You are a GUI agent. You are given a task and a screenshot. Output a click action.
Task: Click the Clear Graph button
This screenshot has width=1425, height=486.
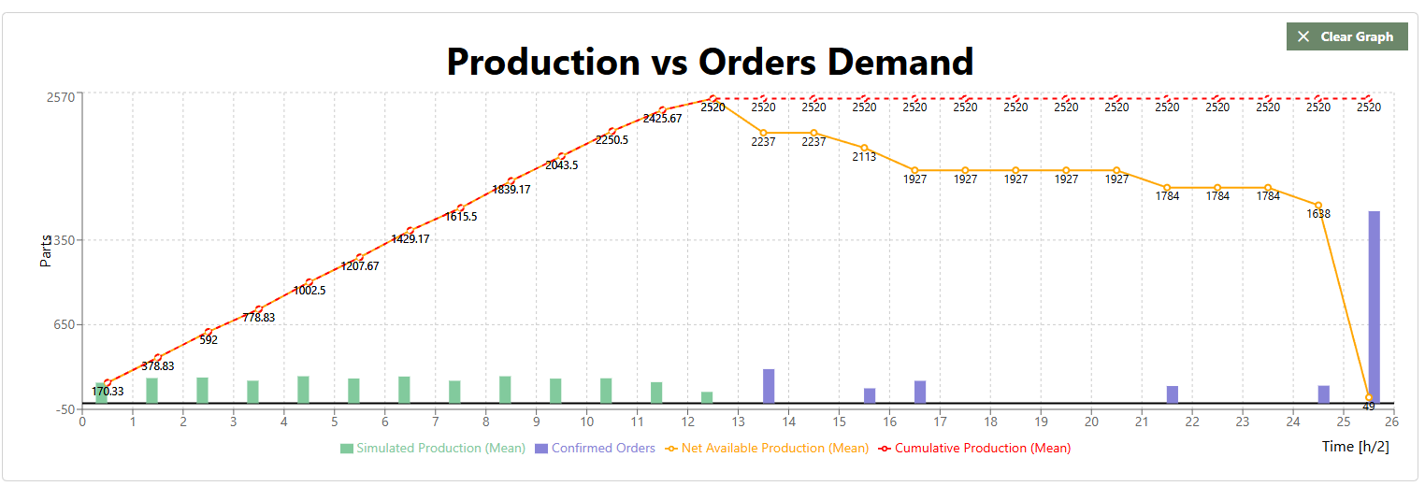(1346, 36)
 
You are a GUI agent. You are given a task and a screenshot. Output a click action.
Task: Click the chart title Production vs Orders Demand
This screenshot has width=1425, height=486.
(710, 62)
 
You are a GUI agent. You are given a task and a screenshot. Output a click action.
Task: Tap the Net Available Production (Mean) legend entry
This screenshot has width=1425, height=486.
(766, 449)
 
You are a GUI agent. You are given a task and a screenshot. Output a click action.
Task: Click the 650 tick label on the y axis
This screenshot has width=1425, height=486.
(64, 325)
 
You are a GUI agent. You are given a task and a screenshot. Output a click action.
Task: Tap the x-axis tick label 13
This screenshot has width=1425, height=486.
(738, 422)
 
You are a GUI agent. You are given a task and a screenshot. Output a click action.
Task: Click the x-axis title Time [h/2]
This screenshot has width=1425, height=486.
(1355, 447)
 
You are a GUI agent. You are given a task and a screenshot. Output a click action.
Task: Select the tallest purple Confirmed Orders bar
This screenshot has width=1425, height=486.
(1374, 307)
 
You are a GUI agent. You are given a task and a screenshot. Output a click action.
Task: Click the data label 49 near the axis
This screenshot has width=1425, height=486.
(1368, 407)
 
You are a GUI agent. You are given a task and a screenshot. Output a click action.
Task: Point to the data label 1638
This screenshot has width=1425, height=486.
(1318, 214)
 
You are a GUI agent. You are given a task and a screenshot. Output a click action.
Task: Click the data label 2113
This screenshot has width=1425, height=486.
(864, 157)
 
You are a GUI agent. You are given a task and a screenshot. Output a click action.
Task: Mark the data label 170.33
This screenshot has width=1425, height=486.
(108, 392)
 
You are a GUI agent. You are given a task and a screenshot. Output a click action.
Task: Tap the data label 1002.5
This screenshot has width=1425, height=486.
(309, 291)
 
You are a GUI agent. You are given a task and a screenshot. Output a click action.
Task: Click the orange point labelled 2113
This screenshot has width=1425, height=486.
(864, 148)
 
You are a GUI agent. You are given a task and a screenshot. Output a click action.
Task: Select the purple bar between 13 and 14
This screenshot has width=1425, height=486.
(769, 386)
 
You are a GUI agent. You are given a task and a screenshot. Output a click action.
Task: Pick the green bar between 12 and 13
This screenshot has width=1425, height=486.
(707, 397)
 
